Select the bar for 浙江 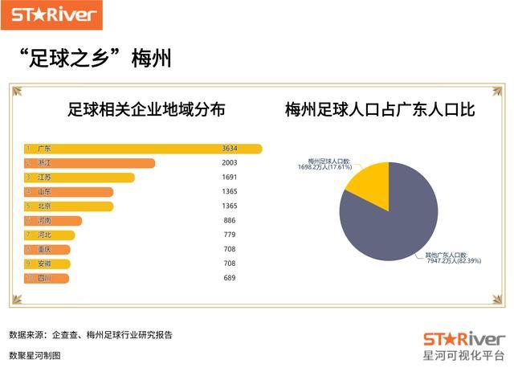tap(89, 163)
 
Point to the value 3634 tap(230, 149)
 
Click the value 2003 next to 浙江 tap(230, 163)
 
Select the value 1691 tap(230, 178)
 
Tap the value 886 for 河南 tap(230, 220)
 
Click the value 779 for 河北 tap(230, 235)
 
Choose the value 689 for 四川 tap(230, 278)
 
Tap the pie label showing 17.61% tap(324, 165)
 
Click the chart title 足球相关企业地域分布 tap(145, 110)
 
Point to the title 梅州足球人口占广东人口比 tap(380, 110)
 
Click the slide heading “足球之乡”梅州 tap(96, 59)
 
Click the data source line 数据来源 tap(90, 335)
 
